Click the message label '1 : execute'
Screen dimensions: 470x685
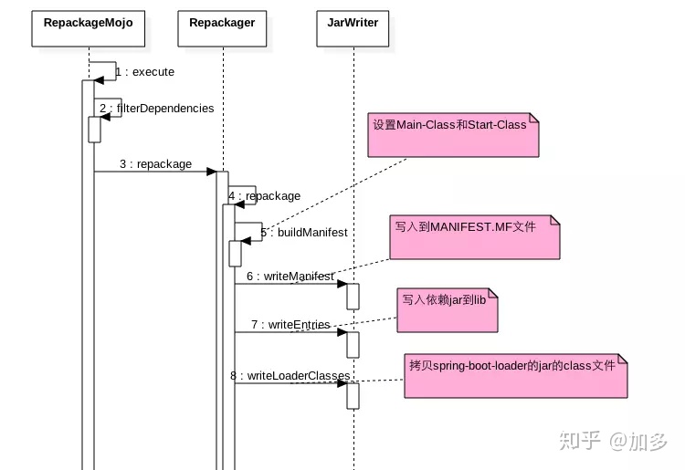pyautogui.click(x=145, y=72)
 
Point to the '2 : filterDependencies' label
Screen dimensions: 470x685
pyautogui.click(x=157, y=109)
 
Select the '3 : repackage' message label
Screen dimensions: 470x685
pyautogui.click(x=155, y=164)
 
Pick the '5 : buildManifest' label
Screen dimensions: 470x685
pyautogui.click(x=303, y=233)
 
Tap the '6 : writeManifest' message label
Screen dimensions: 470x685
pyautogui.click(x=290, y=276)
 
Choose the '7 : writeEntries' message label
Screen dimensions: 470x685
pyautogui.click(x=290, y=325)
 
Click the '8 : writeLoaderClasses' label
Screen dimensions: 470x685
pyautogui.click(x=290, y=375)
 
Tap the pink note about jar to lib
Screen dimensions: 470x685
pyautogui.click(x=448, y=309)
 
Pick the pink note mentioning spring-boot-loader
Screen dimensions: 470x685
pyautogui.click(x=516, y=375)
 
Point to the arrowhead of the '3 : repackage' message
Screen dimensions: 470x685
pyautogui.click(x=210, y=172)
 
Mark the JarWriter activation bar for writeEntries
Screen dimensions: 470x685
pyautogui.click(x=353, y=345)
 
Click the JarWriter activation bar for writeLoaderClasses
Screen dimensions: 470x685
pyautogui.click(x=353, y=395)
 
